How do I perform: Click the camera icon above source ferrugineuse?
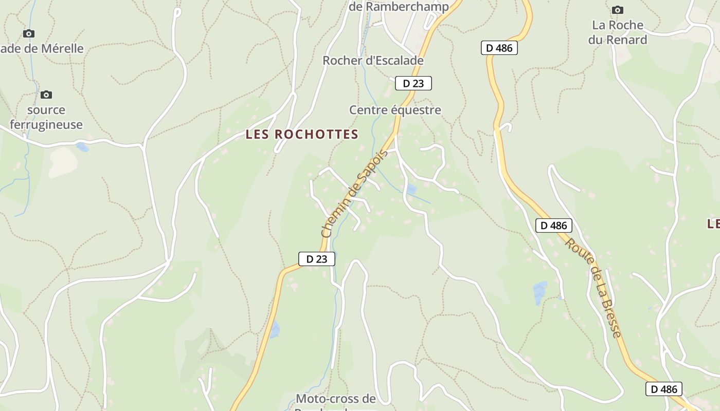coord(46,95)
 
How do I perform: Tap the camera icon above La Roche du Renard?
coord(618,10)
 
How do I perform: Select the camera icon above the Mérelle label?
coord(29,34)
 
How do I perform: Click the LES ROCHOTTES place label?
coord(302,135)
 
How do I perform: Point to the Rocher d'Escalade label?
coord(373,61)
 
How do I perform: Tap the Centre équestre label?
coord(395,110)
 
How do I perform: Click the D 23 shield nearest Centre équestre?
coord(413,83)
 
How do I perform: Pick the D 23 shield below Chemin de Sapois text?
coord(317,259)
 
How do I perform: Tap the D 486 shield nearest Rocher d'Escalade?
coord(499,48)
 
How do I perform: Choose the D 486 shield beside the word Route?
coord(553,225)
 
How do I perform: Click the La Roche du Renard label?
coord(618,32)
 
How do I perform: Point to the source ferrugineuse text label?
coord(46,117)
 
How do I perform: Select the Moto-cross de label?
coord(336,399)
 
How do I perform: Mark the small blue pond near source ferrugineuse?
coord(82,147)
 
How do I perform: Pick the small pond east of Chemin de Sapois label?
coord(411,190)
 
